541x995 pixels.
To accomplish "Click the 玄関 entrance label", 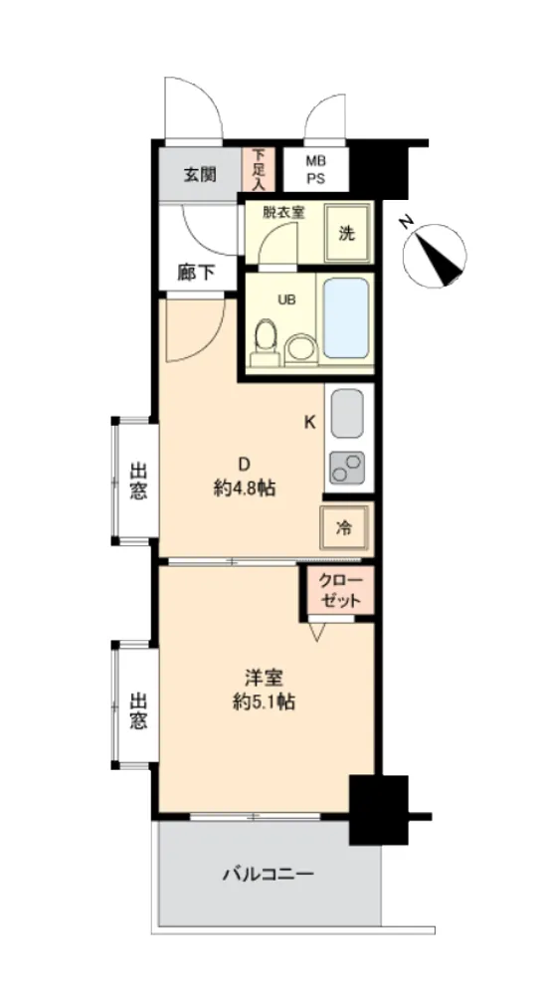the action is click(200, 175).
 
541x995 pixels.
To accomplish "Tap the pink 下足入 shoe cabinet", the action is click(259, 169).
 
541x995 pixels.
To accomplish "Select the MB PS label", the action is click(316, 170).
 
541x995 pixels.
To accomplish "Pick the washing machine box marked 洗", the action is click(346, 233).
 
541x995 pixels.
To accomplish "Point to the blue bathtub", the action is click(346, 318).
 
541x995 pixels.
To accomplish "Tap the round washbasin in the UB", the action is click(300, 350).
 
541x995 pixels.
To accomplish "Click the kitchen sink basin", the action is click(347, 413).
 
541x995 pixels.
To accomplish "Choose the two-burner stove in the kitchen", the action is click(347, 469).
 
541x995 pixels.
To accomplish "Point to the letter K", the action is click(309, 423).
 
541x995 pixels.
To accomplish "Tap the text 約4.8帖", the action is click(245, 488).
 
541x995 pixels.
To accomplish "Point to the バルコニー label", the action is click(269, 875).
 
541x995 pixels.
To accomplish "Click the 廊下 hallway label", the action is click(196, 274).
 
